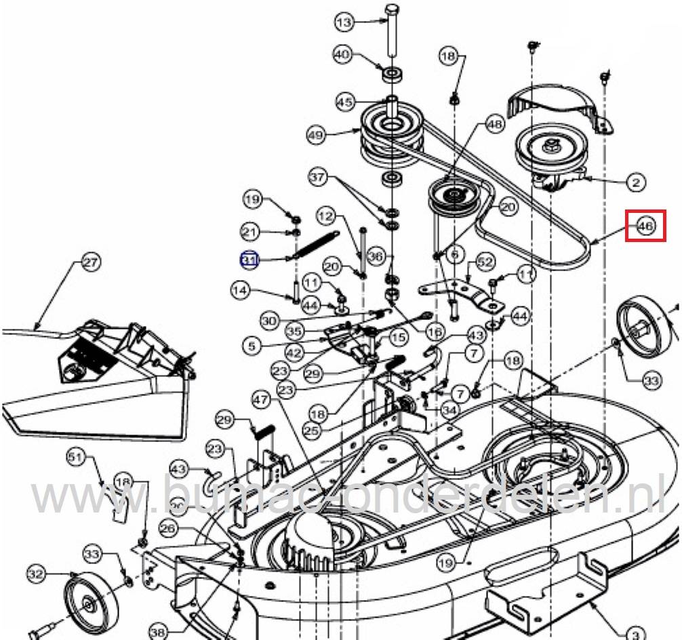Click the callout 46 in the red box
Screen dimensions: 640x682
[x=645, y=226]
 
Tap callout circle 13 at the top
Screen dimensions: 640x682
[x=345, y=22]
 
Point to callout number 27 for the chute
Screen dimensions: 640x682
[x=90, y=263]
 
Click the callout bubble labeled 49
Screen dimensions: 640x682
[x=316, y=136]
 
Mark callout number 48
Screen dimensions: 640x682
[x=494, y=125]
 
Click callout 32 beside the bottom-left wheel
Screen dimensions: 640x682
[x=36, y=575]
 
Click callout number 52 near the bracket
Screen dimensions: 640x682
[x=484, y=262]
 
